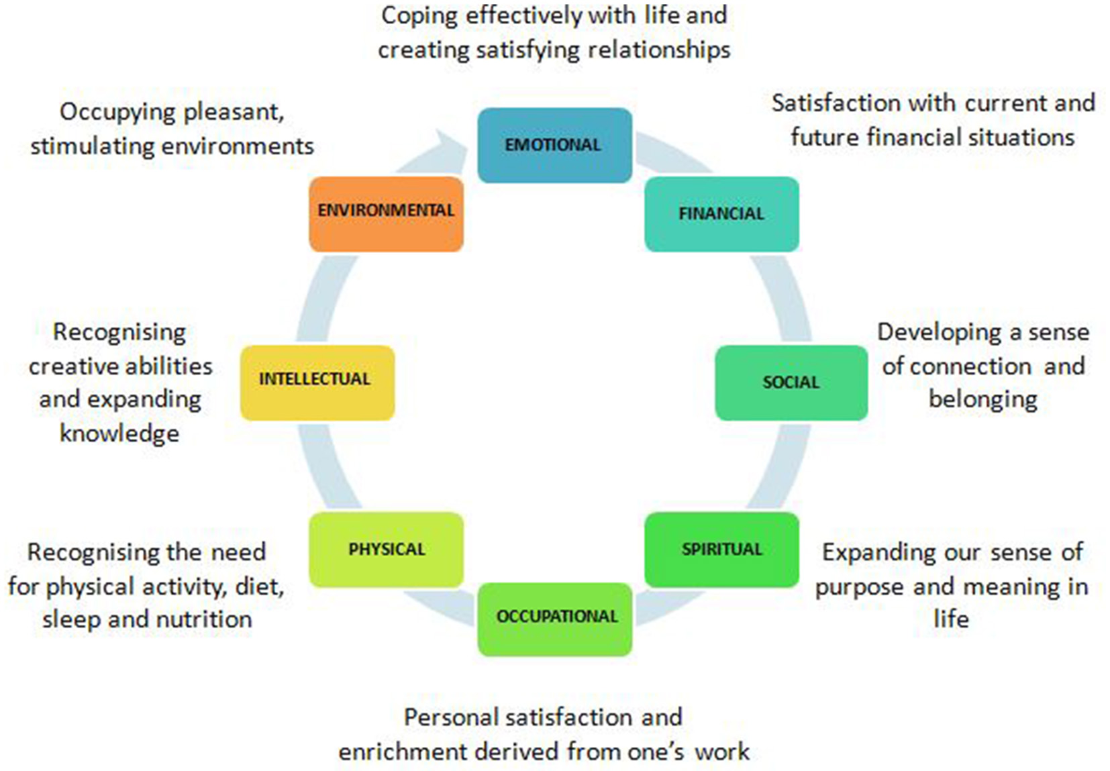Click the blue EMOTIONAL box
click(x=554, y=145)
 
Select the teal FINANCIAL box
click(x=721, y=214)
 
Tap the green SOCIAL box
click(x=791, y=382)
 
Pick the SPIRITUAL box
click(x=721, y=550)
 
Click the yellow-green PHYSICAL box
click(x=386, y=550)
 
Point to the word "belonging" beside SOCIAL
click(x=982, y=400)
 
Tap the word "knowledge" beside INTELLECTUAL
click(x=119, y=433)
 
